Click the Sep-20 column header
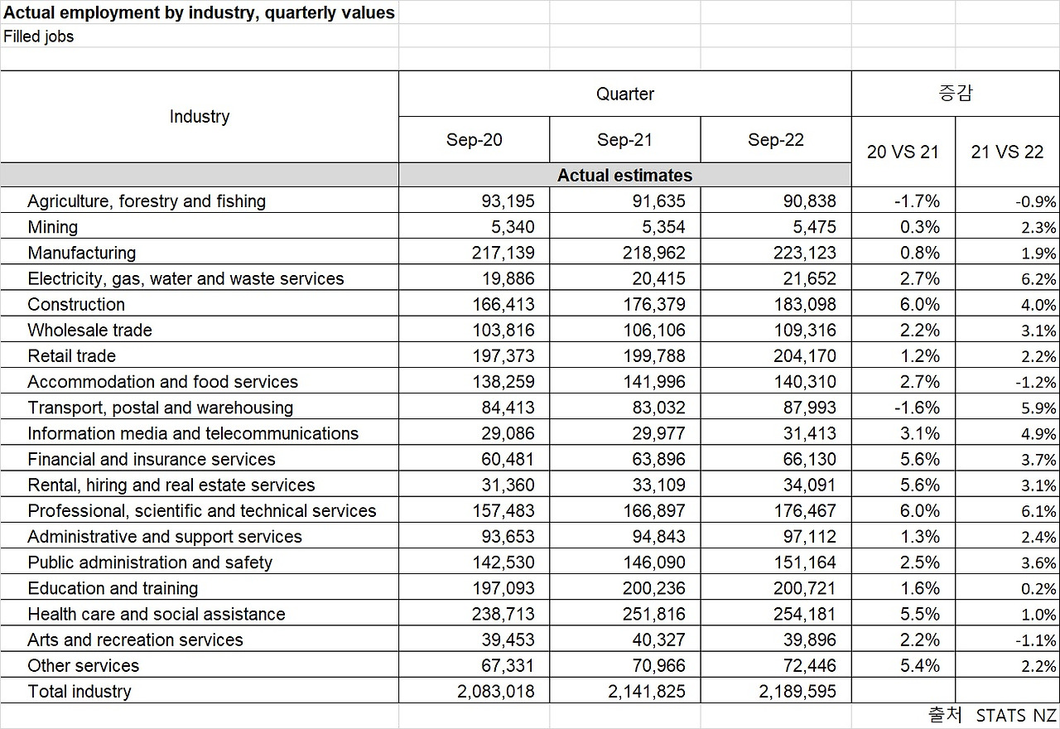tap(474, 140)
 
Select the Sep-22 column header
tap(775, 140)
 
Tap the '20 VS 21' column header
tap(903, 152)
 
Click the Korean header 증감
tap(955, 94)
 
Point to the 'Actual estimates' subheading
tap(624, 176)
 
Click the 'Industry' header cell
tap(199, 117)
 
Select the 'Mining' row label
tap(52, 227)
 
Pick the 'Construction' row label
tap(76, 304)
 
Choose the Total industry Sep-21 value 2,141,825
tap(647, 692)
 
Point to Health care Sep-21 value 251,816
tap(653, 615)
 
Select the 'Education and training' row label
tap(113, 588)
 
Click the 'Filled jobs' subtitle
tap(39, 36)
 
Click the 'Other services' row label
tap(83, 666)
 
